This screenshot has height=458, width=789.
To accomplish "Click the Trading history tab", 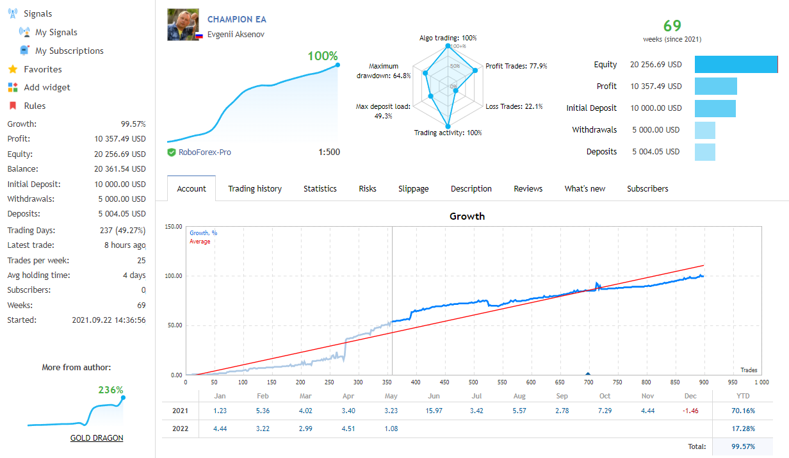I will point(255,189).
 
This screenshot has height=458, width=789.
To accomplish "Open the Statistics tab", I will point(320,189).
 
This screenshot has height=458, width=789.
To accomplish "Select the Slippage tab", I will point(413,189).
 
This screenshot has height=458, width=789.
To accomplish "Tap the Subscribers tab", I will point(647,189).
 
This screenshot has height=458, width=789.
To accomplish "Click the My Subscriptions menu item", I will point(69,51).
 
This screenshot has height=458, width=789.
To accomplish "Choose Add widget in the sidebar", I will point(47,87).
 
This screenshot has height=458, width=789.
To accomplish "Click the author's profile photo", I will point(183,25).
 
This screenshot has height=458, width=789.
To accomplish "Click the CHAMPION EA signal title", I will point(237,20).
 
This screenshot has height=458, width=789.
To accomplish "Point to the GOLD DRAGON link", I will point(97,438).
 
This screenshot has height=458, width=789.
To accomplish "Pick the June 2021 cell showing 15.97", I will point(434,411).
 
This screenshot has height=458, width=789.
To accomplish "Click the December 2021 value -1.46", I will point(691,411).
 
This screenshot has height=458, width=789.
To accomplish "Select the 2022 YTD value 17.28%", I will point(742,429).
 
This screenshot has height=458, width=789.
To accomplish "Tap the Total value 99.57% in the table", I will point(742,446).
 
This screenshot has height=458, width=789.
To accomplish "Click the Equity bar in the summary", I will point(736,65).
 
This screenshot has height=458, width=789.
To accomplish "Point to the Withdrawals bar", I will point(705,130).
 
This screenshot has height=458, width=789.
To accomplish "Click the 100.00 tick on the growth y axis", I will point(174,276).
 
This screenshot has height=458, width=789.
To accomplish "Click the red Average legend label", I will point(200,241).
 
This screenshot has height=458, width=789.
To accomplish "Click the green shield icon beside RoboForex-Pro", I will point(172,152).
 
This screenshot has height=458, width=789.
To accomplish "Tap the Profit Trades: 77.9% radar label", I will point(516,66).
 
